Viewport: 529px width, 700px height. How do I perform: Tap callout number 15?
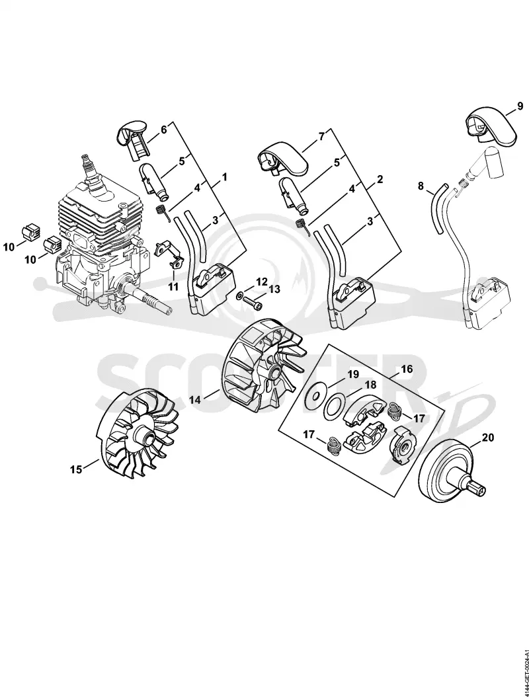click(76, 469)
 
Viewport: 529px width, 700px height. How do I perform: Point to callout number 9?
click(520, 106)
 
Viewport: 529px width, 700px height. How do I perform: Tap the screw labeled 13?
click(252, 305)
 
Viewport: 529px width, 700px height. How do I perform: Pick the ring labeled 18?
click(333, 404)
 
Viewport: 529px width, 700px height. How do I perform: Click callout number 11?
click(173, 286)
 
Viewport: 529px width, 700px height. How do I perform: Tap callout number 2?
click(380, 180)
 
